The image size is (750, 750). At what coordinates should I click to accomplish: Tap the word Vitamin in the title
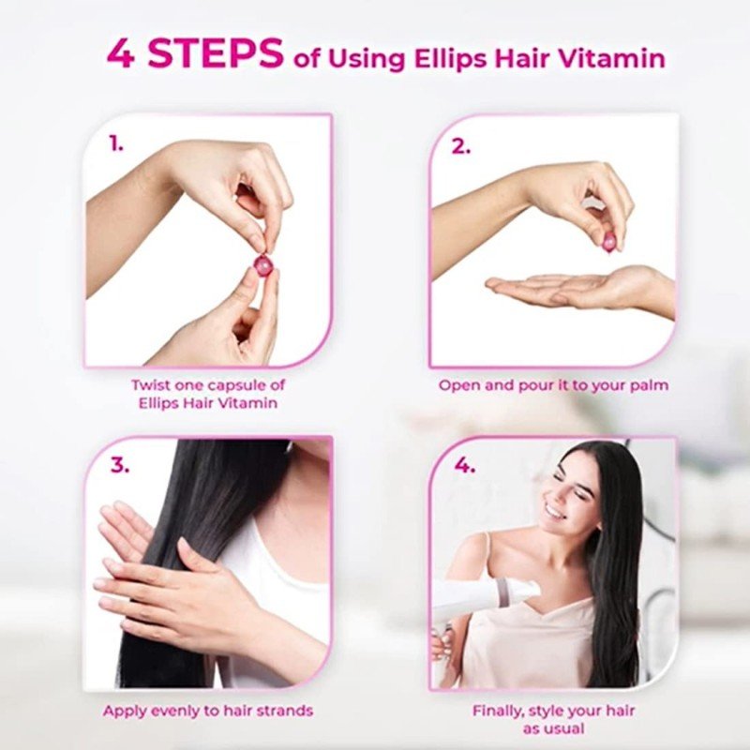click(612, 58)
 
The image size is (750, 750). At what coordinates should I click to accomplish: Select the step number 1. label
click(116, 143)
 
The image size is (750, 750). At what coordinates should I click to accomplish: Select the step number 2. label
click(461, 146)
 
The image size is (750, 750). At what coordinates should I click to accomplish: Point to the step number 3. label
click(120, 464)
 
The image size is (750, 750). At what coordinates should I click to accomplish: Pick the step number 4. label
click(464, 464)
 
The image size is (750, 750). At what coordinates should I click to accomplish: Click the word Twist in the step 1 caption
click(151, 384)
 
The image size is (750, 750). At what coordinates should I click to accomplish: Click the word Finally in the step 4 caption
click(498, 712)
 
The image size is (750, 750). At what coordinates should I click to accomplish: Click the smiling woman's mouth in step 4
click(555, 512)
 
